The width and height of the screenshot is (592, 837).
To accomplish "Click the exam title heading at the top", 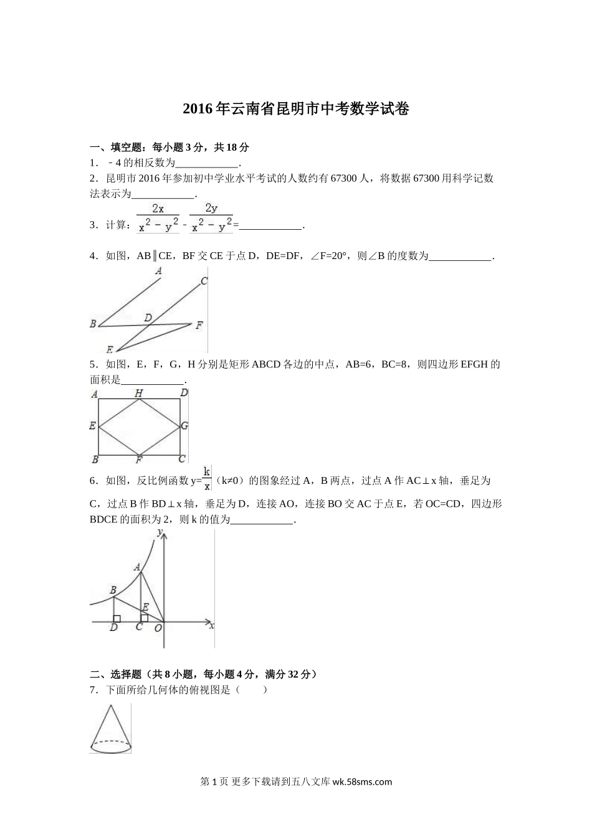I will pyautogui.click(x=296, y=110).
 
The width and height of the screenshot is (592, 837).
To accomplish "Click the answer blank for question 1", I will pyautogui.click(x=207, y=163).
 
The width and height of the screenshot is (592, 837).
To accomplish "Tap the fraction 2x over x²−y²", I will pyautogui.click(x=158, y=219).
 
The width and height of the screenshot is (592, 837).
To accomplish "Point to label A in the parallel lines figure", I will pyautogui.click(x=159, y=271).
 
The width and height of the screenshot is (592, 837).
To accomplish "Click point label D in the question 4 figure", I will pyautogui.click(x=148, y=318).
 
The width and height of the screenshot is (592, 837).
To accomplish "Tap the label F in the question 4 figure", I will pyautogui.click(x=199, y=325).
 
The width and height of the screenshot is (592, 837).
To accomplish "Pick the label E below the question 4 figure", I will pyautogui.click(x=110, y=349).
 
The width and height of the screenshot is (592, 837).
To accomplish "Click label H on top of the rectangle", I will pyautogui.click(x=138, y=393).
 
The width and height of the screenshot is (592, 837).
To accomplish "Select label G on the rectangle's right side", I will pyautogui.click(x=184, y=426).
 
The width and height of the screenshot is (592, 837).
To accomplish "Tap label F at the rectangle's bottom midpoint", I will pyautogui.click(x=138, y=460).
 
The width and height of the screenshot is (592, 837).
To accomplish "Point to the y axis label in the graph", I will pyautogui.click(x=160, y=532).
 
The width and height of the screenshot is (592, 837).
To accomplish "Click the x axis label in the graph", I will pyautogui.click(x=212, y=625).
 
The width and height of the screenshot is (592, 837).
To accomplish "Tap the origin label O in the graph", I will pyautogui.click(x=158, y=628).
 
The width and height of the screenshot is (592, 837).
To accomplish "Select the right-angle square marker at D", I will pyautogui.click(x=117, y=618).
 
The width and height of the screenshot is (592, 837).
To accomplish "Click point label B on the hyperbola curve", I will pyautogui.click(x=113, y=590).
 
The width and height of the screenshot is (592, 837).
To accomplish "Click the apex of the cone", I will pyautogui.click(x=111, y=706).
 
